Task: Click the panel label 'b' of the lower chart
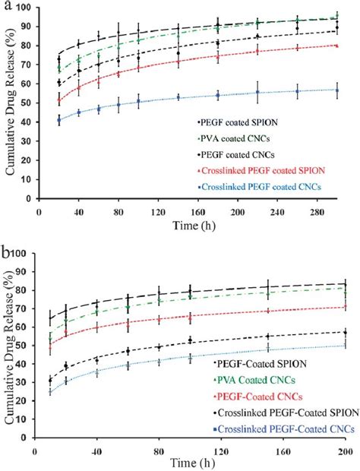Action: (6, 250)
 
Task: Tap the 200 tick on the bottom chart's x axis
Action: (344, 453)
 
